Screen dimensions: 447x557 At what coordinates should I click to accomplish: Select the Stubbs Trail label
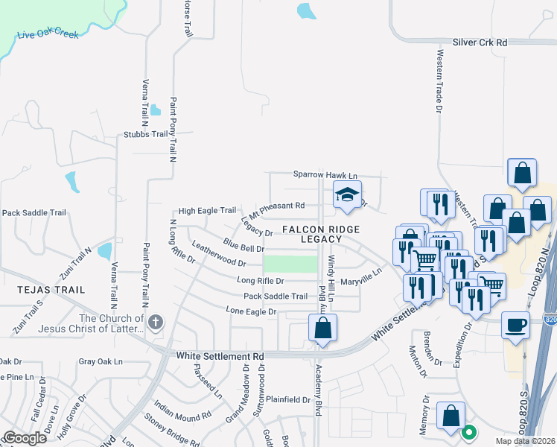tap(146, 135)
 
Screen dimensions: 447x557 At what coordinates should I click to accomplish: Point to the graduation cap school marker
tap(346, 195)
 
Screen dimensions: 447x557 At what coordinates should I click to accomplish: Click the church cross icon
tap(155, 323)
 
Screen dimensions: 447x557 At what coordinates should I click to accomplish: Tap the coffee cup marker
tap(515, 326)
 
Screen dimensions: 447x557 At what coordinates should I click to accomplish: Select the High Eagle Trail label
tap(207, 211)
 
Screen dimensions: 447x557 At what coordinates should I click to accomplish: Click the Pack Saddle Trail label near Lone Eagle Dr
tap(270, 296)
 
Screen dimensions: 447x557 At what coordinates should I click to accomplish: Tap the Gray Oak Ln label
tap(101, 361)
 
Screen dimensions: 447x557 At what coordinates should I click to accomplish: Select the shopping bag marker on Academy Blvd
tap(322, 328)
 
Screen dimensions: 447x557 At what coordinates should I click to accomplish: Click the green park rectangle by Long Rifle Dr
tap(290, 264)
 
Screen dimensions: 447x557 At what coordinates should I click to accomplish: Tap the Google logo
tap(25, 437)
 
